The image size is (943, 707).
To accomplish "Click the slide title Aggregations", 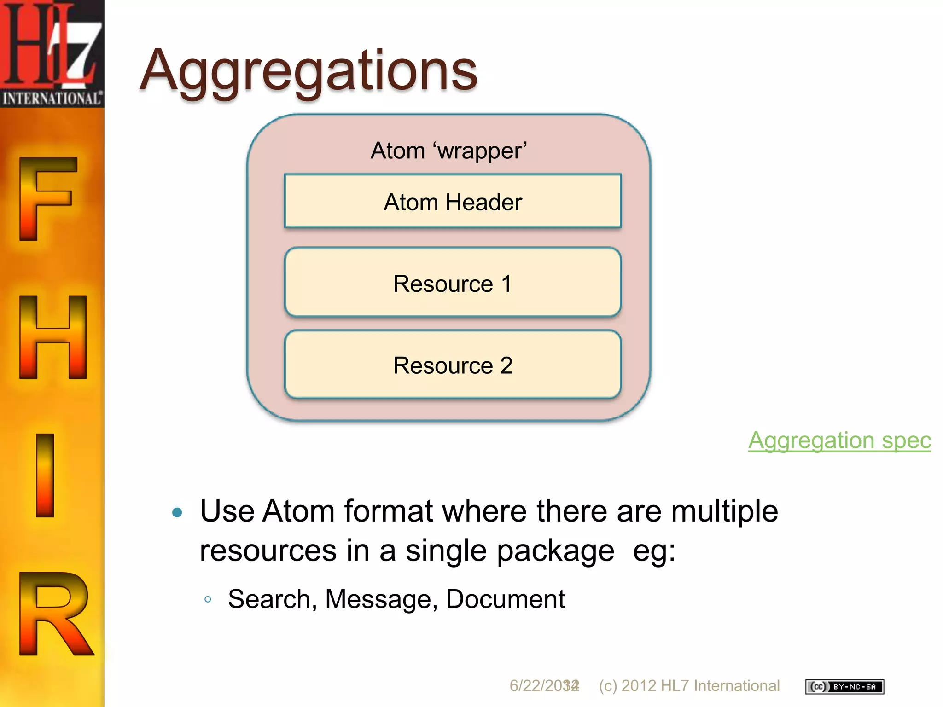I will (309, 71).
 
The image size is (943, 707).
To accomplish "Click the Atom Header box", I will (453, 202).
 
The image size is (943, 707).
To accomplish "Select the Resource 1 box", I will (453, 283).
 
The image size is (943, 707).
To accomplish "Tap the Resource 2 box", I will (453, 365).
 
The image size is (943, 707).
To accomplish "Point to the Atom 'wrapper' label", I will (448, 151).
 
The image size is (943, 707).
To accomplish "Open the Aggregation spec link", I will (839, 440).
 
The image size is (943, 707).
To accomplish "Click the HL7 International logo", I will (52, 53).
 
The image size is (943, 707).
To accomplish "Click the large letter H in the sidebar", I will (53, 337).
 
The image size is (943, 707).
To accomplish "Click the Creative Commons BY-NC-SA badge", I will (844, 686).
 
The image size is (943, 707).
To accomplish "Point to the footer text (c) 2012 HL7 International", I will (689, 686).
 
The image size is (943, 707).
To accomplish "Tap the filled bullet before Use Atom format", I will (177, 512).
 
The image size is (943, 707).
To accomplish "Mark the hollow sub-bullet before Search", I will (208, 599).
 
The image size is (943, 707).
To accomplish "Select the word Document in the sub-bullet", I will (505, 599).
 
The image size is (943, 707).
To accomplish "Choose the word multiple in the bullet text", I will (724, 511).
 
